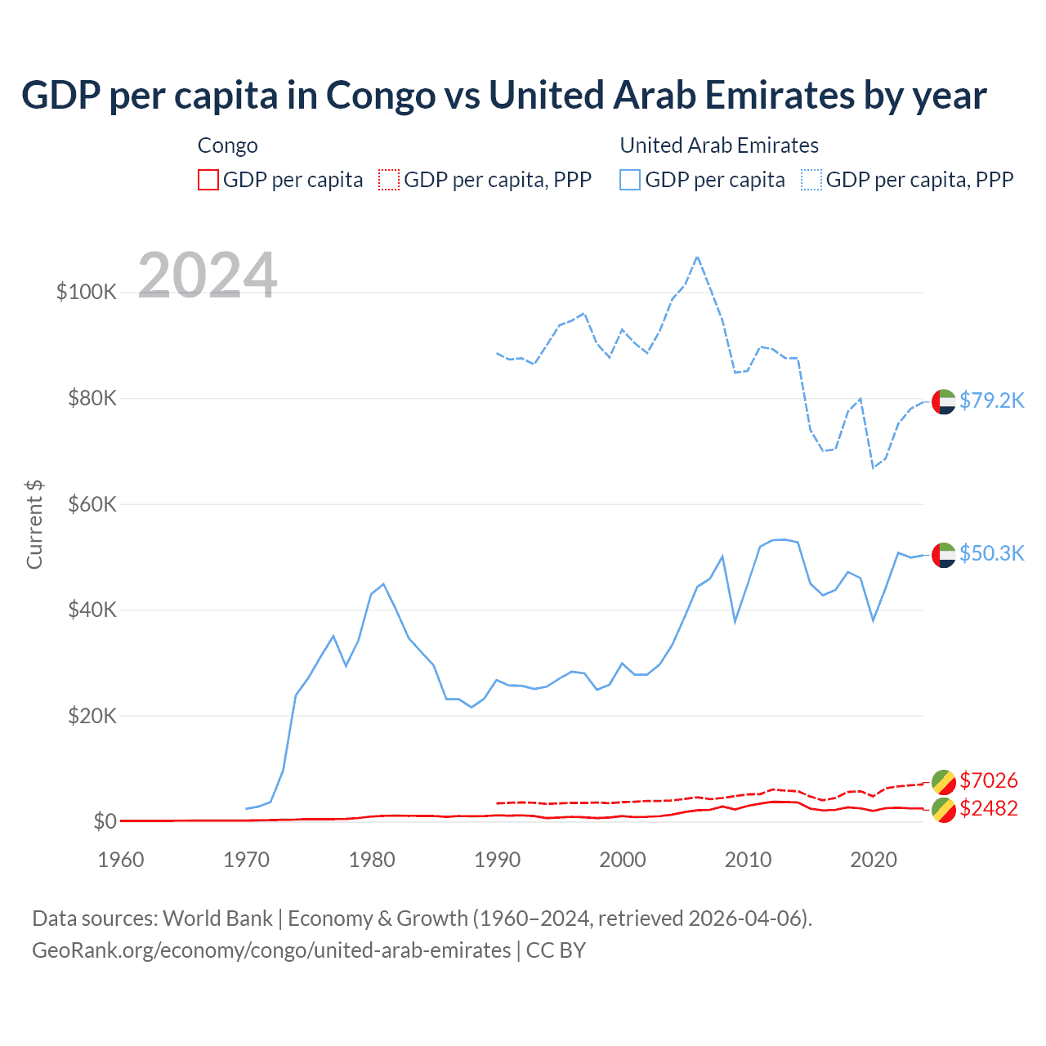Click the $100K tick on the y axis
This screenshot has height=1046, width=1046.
pyautogui.click(x=87, y=292)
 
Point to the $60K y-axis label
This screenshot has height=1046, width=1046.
pyautogui.click(x=92, y=504)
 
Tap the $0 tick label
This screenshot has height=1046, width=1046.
pyautogui.click(x=105, y=821)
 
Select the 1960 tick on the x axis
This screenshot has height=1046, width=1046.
pyautogui.click(x=121, y=860)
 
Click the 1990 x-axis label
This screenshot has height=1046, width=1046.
pyautogui.click(x=497, y=860)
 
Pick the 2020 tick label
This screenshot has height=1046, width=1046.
pyautogui.click(x=874, y=860)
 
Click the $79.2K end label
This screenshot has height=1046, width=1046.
pyautogui.click(x=991, y=400)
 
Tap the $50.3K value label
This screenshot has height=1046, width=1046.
pyautogui.click(x=991, y=553)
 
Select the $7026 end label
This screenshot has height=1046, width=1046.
pyautogui.click(x=989, y=780)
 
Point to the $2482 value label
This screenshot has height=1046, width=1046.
pyautogui.click(x=989, y=808)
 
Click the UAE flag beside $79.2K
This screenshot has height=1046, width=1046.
pyautogui.click(x=944, y=402)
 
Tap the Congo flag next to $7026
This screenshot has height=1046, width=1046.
pyautogui.click(x=944, y=782)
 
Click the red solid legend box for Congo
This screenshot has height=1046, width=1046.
pyautogui.click(x=208, y=180)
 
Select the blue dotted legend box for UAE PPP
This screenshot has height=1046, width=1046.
pyautogui.click(x=811, y=180)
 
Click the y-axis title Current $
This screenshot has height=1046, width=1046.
pyautogui.click(x=34, y=525)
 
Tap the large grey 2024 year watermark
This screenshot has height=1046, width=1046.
pyautogui.click(x=208, y=275)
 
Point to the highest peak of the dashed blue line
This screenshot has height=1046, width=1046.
pyautogui.click(x=697, y=257)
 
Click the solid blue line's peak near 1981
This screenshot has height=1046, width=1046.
pyautogui.click(x=383, y=584)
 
